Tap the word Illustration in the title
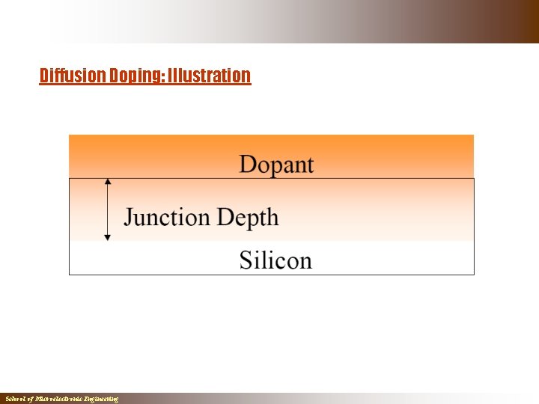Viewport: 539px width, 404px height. (209, 76)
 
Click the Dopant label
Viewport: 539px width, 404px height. (276, 165)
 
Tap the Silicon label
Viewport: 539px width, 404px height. (275, 260)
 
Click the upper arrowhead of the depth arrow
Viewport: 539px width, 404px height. (108, 181)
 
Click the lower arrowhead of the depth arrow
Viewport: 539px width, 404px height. (108, 237)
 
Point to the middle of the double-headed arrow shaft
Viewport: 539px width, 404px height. (108, 209)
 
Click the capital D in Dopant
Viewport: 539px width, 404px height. (247, 165)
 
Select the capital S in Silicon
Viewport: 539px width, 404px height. (246, 260)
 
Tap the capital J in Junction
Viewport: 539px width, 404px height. (129, 218)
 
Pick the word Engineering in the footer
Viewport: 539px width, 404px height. (100, 400)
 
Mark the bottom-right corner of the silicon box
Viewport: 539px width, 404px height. (474, 275)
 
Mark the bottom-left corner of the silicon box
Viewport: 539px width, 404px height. (70, 275)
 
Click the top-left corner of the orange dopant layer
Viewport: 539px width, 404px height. (70, 135)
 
